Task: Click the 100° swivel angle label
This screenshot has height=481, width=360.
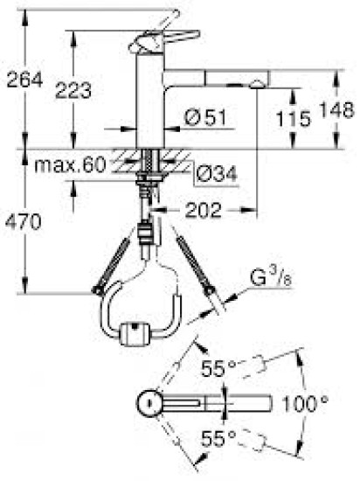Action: click(305, 404)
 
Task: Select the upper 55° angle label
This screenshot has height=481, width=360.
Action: click(215, 369)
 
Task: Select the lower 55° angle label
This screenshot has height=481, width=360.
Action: click(215, 436)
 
